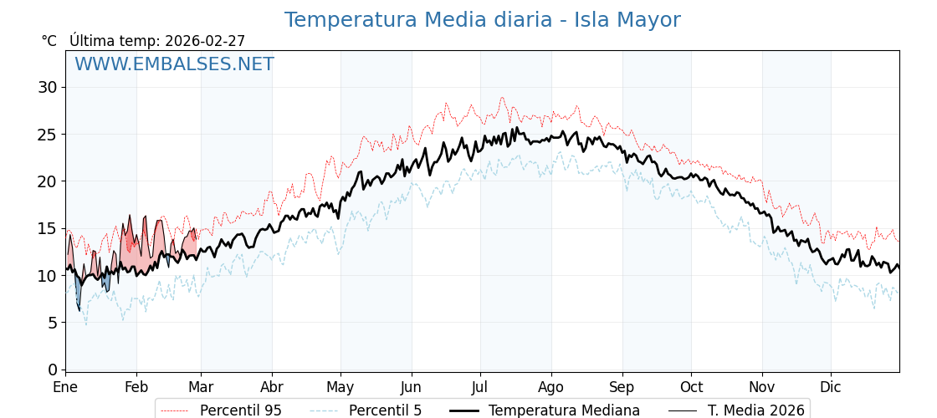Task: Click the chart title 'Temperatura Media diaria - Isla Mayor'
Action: point(482,20)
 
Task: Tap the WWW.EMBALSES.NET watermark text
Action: point(174,64)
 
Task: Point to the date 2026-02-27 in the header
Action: point(205,41)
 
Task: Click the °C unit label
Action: point(49,41)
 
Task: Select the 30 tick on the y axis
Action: point(48,87)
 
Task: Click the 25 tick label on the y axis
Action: point(48,134)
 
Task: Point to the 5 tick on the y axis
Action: point(53,323)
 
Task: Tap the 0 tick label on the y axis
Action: point(53,370)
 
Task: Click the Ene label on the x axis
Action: point(65,388)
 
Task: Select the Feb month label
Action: point(136,388)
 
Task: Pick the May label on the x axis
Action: point(340,388)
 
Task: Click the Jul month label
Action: point(480,388)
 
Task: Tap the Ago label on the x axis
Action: point(550,388)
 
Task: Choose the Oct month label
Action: point(691,388)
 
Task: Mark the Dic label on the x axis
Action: point(831,388)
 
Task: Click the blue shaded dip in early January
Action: point(78,293)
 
